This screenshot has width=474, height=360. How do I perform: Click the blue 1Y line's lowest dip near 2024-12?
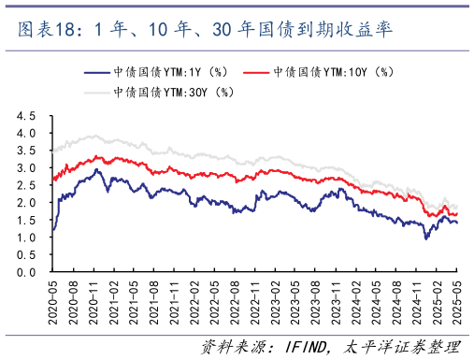click(427, 239)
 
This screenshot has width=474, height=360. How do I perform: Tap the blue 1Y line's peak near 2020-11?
click(97, 169)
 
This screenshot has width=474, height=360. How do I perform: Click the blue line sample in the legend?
click(95, 72)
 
